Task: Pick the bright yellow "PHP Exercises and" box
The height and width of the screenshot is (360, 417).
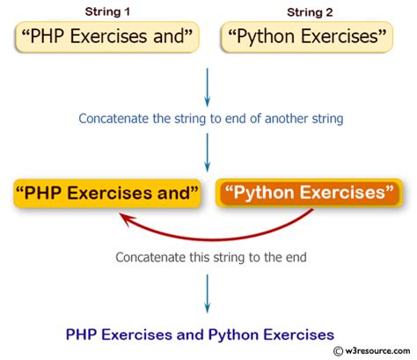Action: point(107,192)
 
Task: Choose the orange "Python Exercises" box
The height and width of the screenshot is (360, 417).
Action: point(308,192)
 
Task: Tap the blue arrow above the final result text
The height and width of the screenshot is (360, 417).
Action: point(207,292)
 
